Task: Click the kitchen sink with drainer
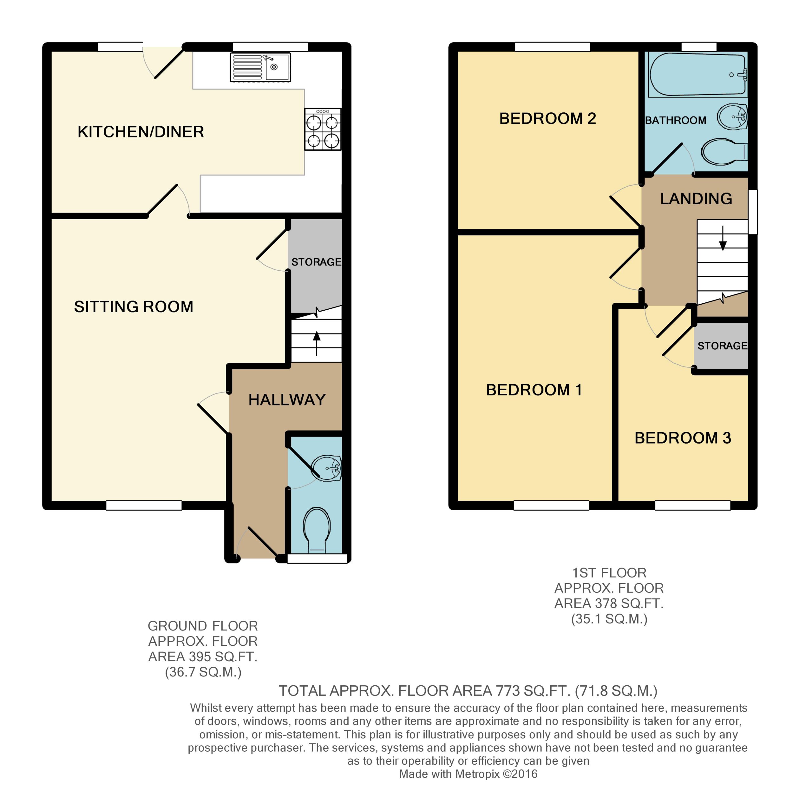point(260,67)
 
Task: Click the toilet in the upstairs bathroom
point(725,152)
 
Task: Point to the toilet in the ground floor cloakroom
point(317,531)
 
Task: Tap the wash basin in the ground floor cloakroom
point(327,469)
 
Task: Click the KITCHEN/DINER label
point(141,132)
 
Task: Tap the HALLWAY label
point(287,399)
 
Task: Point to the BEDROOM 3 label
point(683,438)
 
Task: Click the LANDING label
point(696,199)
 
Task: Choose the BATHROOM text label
point(676,120)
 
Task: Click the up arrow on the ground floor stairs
point(317,343)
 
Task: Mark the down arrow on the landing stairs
point(723,238)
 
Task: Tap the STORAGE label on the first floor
point(723,346)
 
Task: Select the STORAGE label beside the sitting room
point(317,262)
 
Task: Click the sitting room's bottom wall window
point(144,505)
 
